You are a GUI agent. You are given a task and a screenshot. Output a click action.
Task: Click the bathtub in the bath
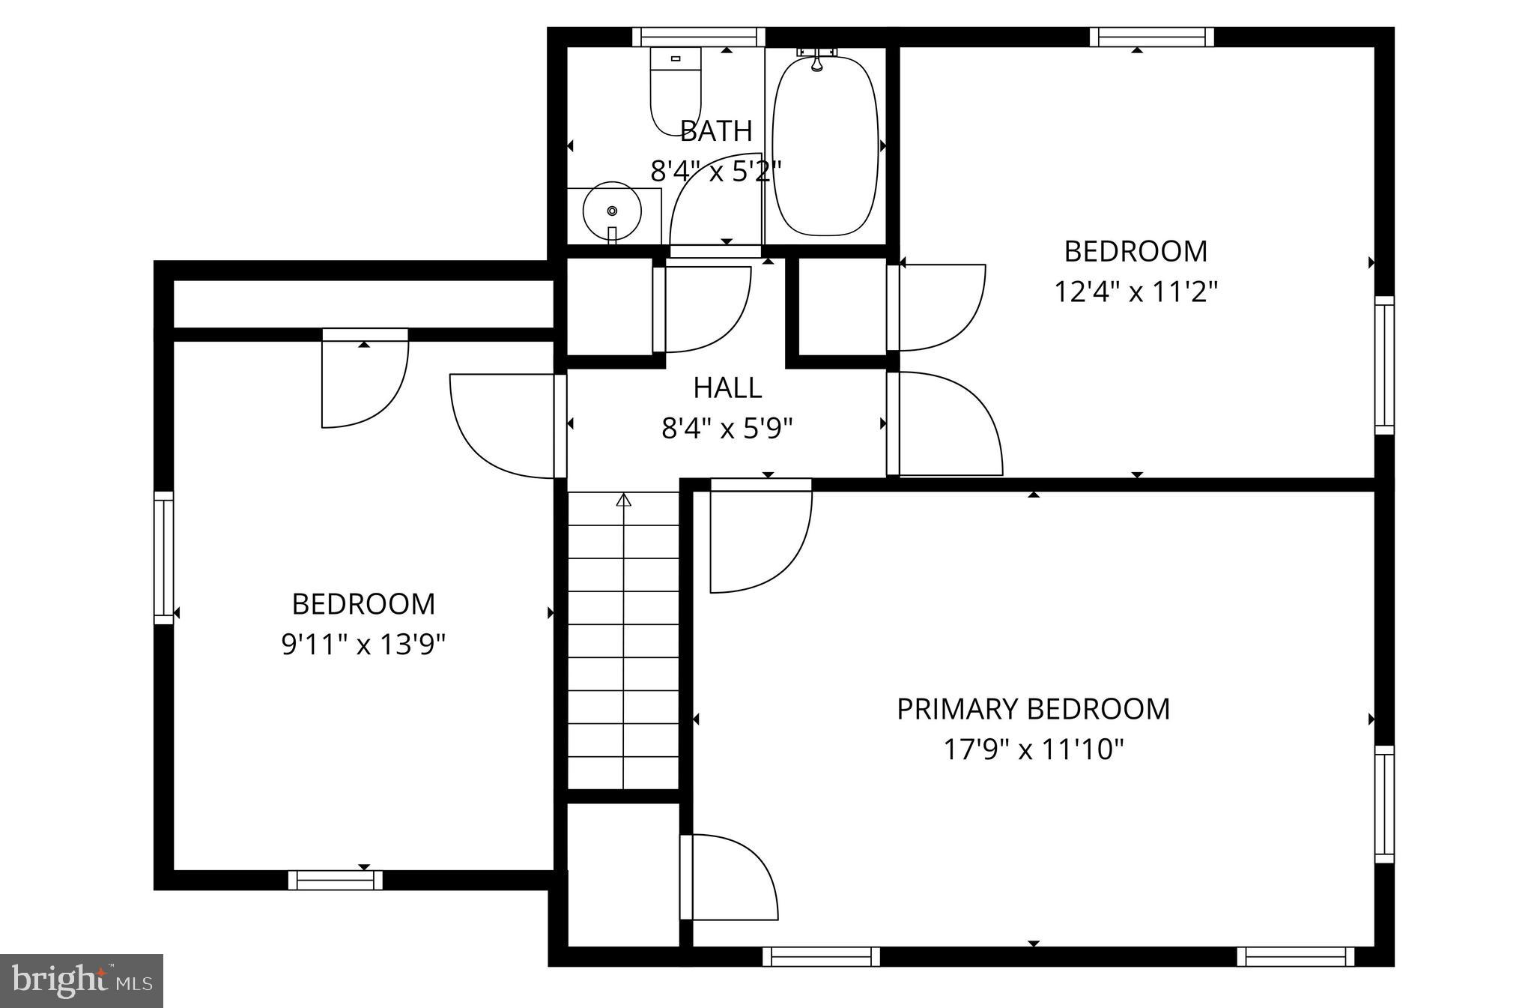coord(825,146)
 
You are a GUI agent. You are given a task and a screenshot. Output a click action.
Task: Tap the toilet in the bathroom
coord(674,90)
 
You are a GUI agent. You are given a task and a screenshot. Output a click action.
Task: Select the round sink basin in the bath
coord(612,211)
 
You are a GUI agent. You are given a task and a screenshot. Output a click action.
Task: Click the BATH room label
coord(716,131)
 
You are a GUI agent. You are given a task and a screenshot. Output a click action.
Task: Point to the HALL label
coord(727,388)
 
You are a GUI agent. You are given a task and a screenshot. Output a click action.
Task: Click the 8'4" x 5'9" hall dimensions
coord(727,429)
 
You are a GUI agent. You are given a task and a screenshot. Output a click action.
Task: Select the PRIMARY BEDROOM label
coord(1033,709)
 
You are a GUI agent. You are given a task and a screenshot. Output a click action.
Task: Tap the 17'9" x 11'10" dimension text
coord(1033,749)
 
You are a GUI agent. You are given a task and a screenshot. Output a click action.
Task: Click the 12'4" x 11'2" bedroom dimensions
coord(1136,292)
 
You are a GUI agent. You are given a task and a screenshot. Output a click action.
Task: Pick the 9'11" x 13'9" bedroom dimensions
coord(363,645)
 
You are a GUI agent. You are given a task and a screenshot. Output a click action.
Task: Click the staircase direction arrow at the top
coord(623,500)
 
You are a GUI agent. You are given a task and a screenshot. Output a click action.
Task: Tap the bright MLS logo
coord(82,980)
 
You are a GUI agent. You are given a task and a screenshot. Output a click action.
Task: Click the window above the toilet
coord(698,37)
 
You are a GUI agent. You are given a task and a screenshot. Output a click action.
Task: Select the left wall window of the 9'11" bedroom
coord(163,558)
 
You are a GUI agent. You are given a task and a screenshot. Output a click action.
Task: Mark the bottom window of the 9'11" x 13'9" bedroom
coord(335,880)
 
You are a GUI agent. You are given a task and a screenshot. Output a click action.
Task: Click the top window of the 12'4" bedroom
coord(1151,37)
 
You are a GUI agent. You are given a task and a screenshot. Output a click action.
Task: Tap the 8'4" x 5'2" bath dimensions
coord(716,172)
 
